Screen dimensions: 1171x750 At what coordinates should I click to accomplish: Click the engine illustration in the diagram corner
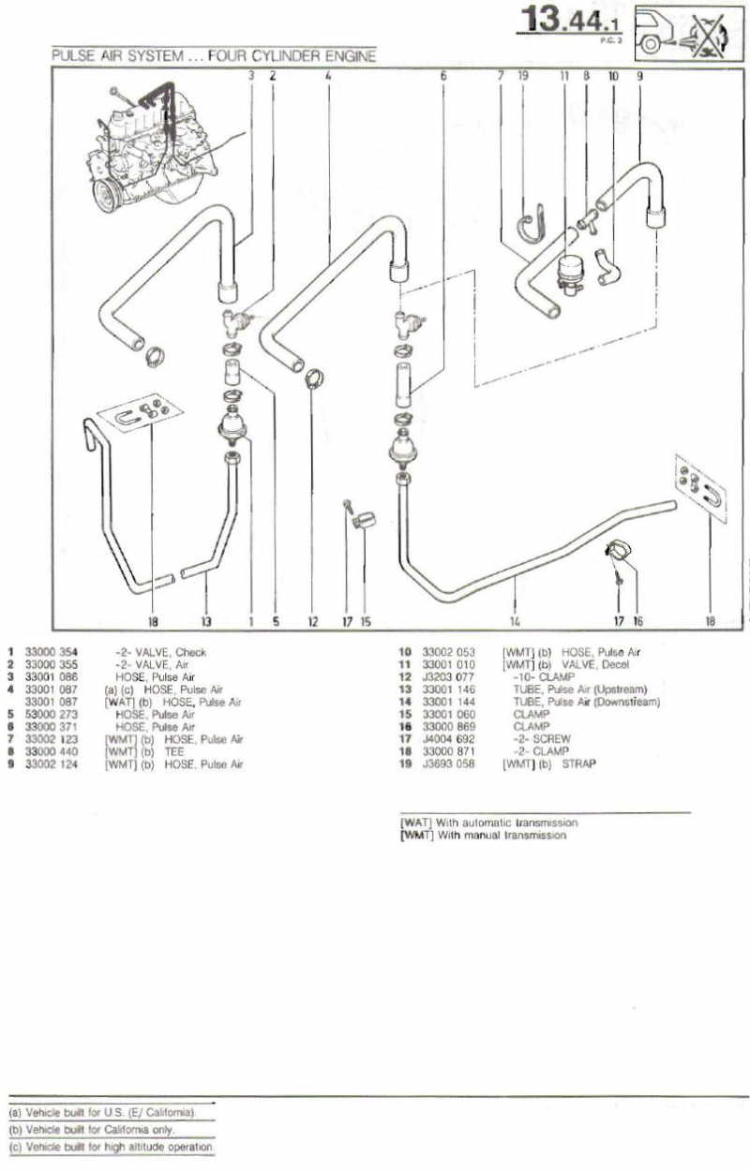(155, 145)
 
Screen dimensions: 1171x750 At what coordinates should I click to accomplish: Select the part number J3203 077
(449, 676)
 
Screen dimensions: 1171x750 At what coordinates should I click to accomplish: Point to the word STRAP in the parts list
(578, 763)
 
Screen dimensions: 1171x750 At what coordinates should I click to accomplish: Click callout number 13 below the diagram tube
(206, 619)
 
